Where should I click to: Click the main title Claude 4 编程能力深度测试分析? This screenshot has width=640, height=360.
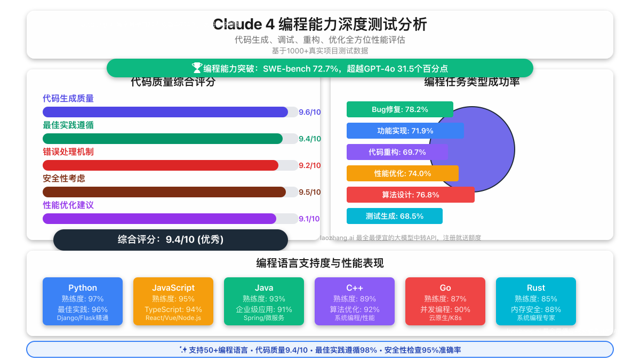(x=320, y=25)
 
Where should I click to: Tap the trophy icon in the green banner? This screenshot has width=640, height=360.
(x=197, y=68)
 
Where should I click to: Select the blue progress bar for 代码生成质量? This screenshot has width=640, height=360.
(x=165, y=112)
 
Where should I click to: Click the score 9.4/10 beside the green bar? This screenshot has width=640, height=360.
(x=309, y=139)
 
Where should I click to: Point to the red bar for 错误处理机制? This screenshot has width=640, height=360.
(x=161, y=165)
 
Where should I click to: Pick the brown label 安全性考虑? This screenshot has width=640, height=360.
(x=64, y=179)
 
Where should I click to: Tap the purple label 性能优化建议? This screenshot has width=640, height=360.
(x=68, y=205)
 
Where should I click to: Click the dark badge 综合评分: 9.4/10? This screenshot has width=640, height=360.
(x=171, y=240)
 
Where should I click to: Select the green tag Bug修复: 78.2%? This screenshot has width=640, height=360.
(x=399, y=109)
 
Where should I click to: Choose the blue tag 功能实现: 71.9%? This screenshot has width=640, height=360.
(x=405, y=131)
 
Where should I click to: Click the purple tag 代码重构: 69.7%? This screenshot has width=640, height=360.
(x=397, y=152)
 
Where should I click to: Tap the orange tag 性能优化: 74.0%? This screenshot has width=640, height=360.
(x=402, y=173)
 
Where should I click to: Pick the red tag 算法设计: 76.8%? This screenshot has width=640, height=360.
(x=410, y=195)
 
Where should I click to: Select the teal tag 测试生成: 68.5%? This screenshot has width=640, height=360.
(x=394, y=216)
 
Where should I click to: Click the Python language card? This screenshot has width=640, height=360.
(x=83, y=301)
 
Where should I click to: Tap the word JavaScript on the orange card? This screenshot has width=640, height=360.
(x=173, y=288)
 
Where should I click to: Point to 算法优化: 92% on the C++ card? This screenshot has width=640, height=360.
(x=355, y=309)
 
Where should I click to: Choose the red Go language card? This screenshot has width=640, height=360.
(x=445, y=301)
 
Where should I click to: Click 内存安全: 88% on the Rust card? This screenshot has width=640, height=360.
(x=536, y=309)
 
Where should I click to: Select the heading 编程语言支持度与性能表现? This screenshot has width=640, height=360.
(x=320, y=263)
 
